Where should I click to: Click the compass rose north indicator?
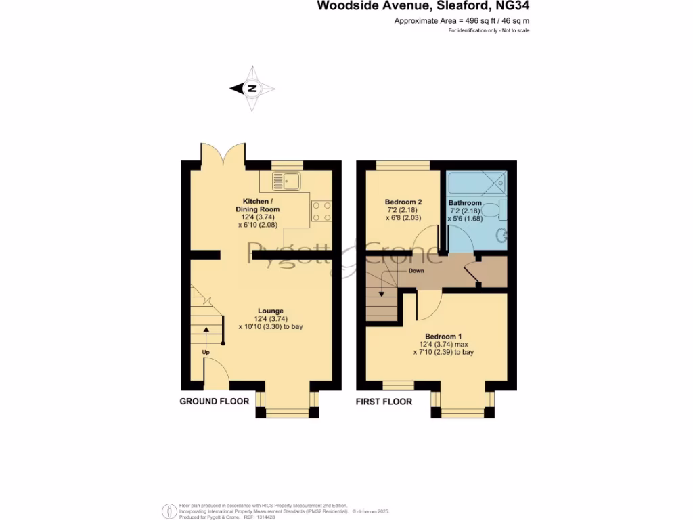[252, 89]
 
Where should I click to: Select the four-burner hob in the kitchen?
[321, 211]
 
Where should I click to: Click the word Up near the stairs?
[205, 353]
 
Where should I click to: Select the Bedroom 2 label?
[403, 202]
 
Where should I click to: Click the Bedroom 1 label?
[443, 337]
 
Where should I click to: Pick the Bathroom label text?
[465, 203]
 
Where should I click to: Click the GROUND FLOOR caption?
[214, 402]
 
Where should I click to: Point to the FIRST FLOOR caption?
[384, 402]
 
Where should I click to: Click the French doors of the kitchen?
[223, 155]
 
